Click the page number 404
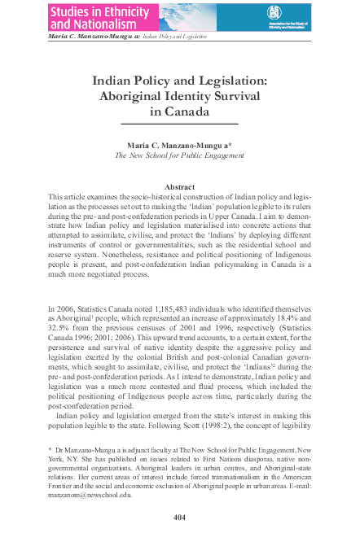pos(180,517)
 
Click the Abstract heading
pos(180,186)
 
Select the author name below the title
pos(180,143)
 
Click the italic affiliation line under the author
pos(180,155)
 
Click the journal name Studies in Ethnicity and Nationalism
pos(99,19)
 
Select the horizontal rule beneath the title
pos(180,123)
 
